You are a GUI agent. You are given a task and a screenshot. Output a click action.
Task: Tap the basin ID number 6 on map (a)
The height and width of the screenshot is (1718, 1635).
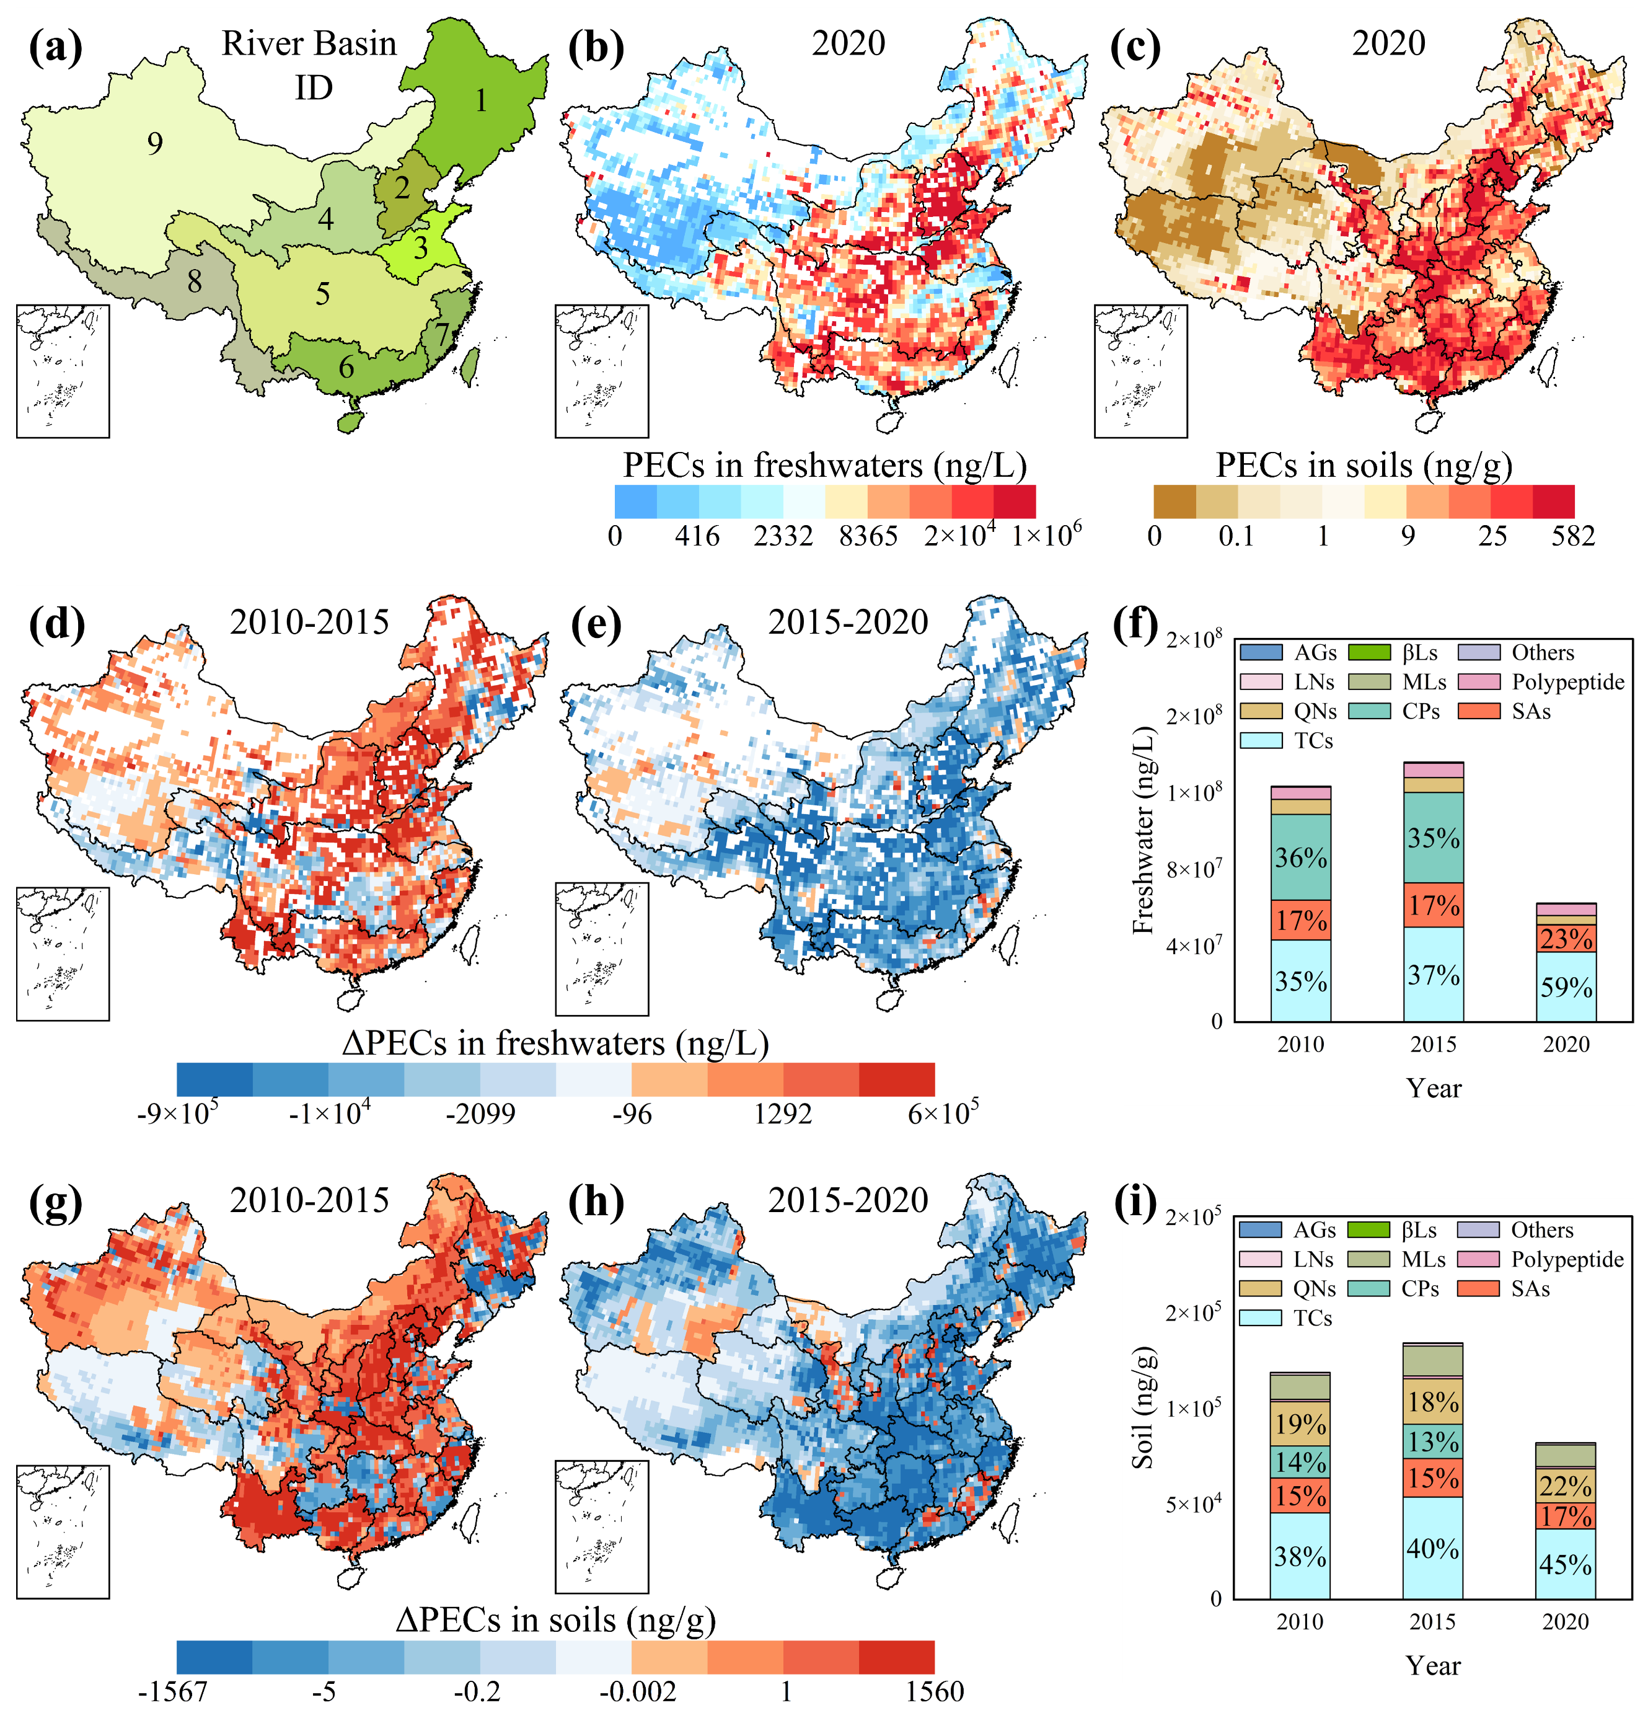(346, 367)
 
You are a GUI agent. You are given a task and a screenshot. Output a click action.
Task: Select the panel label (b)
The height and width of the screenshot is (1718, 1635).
(596, 48)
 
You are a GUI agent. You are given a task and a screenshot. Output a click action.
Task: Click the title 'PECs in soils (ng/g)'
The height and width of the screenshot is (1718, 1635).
(1364, 466)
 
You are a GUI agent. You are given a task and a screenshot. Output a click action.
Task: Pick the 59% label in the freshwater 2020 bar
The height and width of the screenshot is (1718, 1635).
(1566, 988)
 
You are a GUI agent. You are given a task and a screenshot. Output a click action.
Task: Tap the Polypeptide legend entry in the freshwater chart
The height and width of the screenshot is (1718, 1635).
(1567, 681)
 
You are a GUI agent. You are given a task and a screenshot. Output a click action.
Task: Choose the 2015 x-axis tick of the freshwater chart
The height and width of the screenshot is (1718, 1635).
(1434, 1044)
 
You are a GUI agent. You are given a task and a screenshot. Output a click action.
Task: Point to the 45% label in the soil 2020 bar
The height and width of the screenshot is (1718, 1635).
(1566, 1565)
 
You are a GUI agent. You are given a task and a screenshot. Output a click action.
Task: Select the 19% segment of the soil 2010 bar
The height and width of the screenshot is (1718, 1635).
(1300, 1424)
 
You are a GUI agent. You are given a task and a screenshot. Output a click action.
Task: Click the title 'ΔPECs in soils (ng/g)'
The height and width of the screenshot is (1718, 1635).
(555, 1619)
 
